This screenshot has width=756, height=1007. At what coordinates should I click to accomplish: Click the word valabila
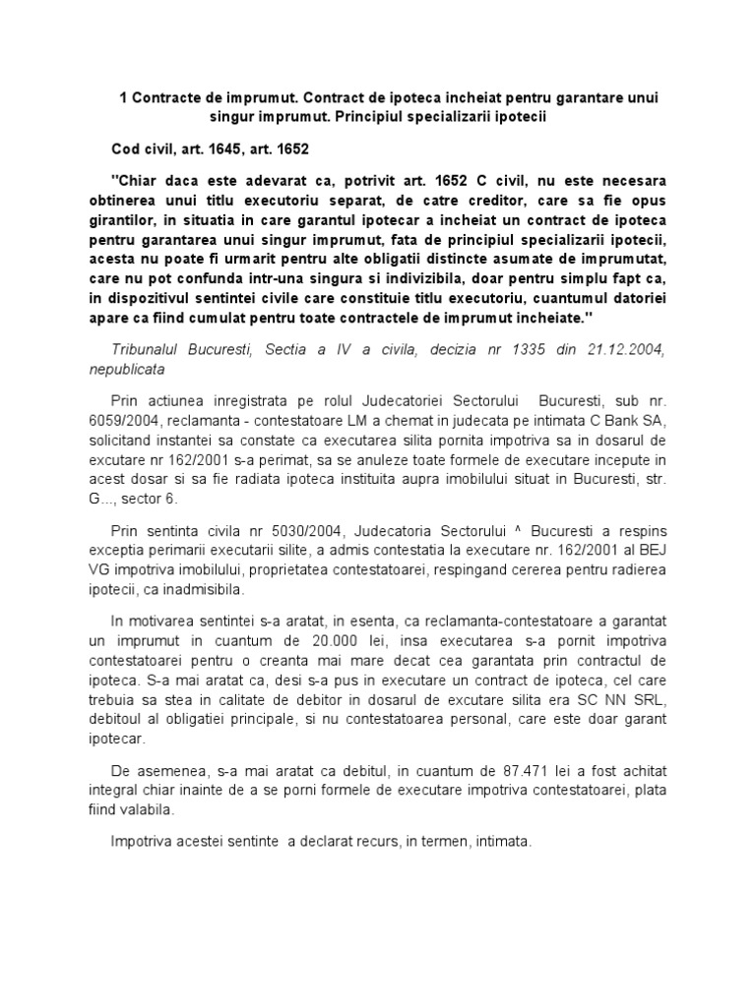145,811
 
